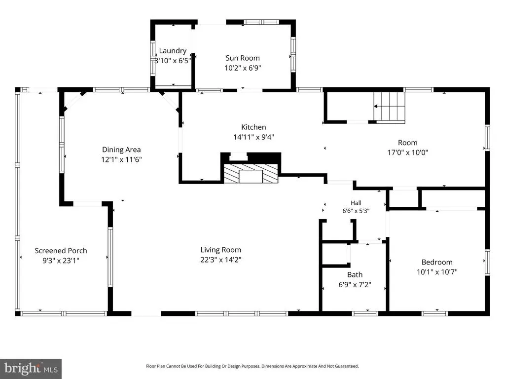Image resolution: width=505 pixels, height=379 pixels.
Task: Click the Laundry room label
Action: (173, 51)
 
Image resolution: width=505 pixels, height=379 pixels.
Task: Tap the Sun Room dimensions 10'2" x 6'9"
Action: (243, 68)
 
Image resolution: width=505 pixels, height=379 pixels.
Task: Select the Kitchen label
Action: (253, 127)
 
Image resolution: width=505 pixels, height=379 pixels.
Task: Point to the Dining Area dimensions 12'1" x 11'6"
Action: (121, 159)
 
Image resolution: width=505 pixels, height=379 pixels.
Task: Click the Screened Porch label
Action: (61, 250)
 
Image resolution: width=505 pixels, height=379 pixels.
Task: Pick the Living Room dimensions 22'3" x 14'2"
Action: (220, 260)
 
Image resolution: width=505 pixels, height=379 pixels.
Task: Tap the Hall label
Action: (356, 203)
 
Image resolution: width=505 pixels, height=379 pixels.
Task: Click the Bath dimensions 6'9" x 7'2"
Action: (355, 285)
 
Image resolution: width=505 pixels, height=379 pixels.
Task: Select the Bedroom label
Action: (437, 262)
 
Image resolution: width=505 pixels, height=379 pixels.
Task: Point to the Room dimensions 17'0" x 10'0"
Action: (407, 152)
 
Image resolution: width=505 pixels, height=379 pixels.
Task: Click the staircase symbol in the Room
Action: (389, 108)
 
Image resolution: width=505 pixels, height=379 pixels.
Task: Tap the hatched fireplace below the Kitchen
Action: (251, 174)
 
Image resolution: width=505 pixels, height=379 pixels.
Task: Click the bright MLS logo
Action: (31, 369)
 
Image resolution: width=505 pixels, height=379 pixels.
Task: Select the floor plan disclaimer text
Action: (252, 366)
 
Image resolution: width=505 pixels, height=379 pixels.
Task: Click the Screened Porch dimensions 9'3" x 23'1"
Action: (61, 261)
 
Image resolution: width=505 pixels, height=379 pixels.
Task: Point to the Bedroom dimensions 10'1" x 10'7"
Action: (437, 272)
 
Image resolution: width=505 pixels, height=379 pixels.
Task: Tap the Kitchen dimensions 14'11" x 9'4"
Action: (253, 137)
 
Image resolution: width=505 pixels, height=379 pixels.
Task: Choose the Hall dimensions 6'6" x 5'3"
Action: (356, 211)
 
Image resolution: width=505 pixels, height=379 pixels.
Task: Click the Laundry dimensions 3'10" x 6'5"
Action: (173, 61)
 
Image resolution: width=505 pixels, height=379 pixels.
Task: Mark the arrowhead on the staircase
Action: (375, 106)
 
